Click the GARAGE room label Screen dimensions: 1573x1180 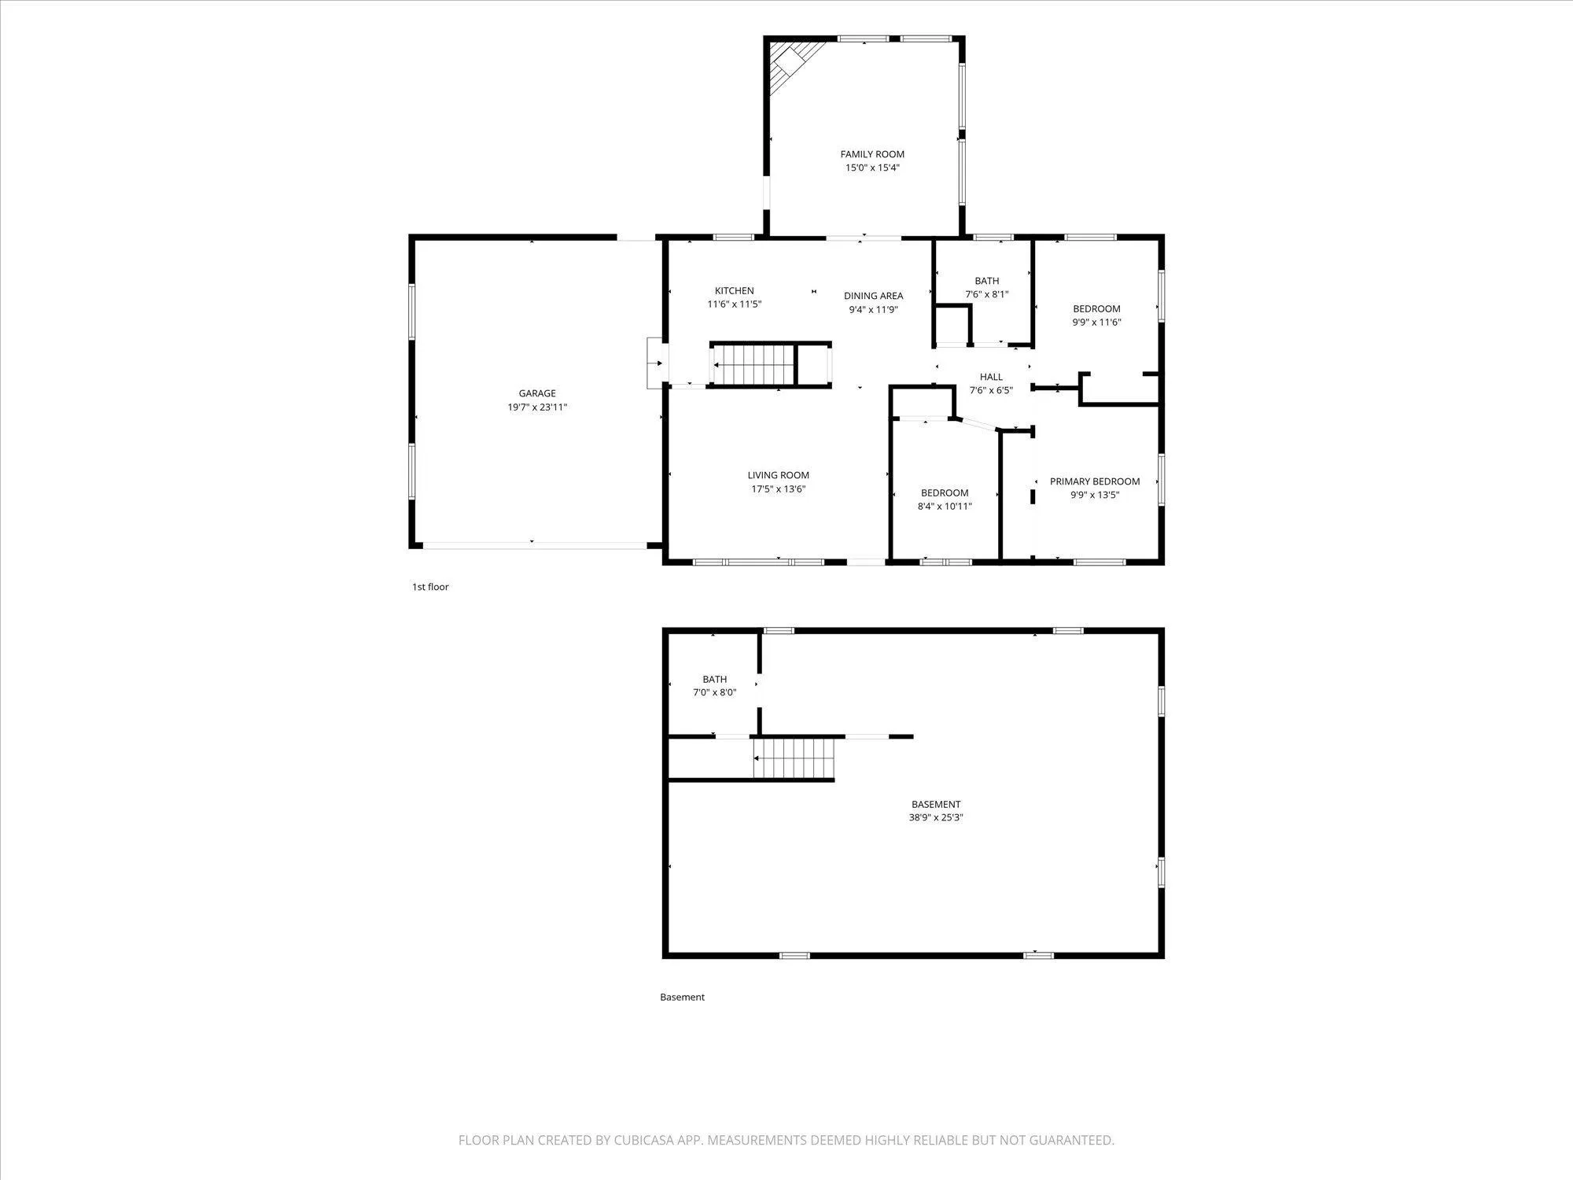537,393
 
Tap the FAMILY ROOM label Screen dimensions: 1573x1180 872,154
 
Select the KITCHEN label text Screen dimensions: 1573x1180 734,291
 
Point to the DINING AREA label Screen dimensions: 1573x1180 873,296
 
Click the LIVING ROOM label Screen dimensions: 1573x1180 778,475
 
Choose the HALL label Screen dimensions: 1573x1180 991,377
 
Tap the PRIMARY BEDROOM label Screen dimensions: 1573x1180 1095,481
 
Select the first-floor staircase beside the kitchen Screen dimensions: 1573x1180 753,366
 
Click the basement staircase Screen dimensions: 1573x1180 793,758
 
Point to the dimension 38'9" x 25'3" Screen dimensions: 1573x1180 936,817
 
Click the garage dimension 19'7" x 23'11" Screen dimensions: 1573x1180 537,407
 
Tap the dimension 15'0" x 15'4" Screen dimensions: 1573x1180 872,168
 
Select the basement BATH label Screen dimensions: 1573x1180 715,680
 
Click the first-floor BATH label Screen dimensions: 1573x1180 987,281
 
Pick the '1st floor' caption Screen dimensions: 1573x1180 430,587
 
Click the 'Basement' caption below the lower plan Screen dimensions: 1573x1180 682,997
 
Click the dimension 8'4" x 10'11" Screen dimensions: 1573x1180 945,507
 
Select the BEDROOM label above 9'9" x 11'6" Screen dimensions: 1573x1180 1096,309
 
